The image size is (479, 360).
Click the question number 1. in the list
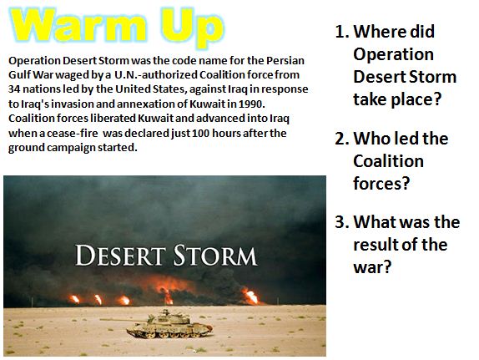coord(341,33)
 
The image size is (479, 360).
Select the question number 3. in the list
coord(341,222)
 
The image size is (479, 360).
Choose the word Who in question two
coord(372,138)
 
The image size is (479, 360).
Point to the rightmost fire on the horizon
coord(250,296)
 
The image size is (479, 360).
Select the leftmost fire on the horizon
coord(75,298)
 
